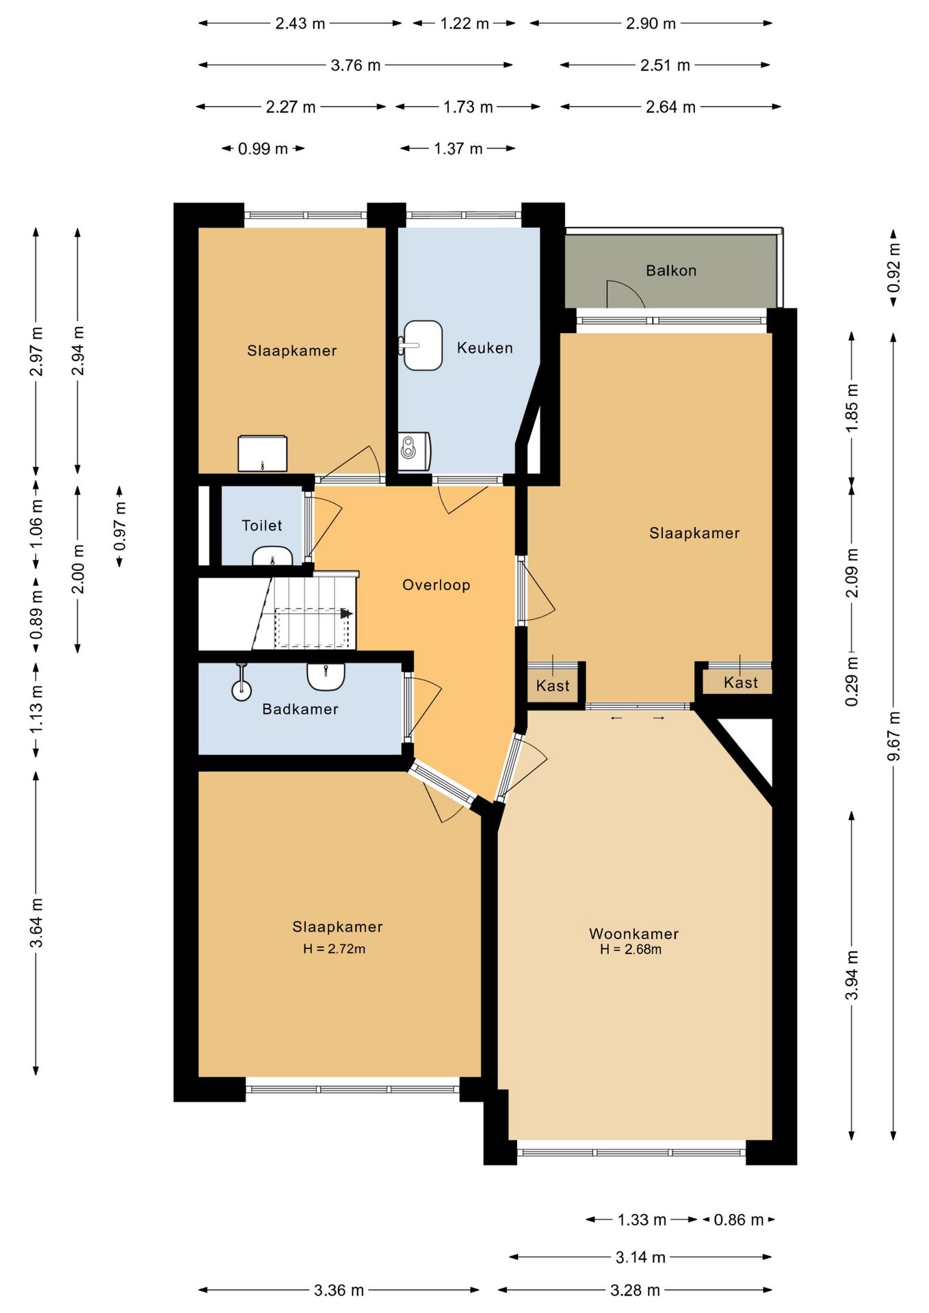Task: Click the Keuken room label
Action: click(x=484, y=348)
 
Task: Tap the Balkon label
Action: click(x=671, y=271)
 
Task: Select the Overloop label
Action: click(x=436, y=585)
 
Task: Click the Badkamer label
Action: click(x=300, y=709)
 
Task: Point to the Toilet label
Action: click(x=262, y=525)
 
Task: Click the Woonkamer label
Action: click(x=633, y=933)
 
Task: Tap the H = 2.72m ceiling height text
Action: click(x=334, y=949)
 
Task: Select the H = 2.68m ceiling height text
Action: click(x=631, y=949)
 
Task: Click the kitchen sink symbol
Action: click(x=421, y=345)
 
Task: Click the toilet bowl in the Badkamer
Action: click(x=241, y=684)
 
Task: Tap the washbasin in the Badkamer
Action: click(x=326, y=677)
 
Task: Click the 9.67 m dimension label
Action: click(x=893, y=736)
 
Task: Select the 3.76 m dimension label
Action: click(x=356, y=65)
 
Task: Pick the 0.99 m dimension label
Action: click(x=263, y=148)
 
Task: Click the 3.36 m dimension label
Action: click(x=339, y=1290)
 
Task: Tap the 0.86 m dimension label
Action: click(x=738, y=1220)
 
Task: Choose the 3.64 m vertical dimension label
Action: click(x=36, y=923)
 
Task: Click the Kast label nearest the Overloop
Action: click(x=553, y=685)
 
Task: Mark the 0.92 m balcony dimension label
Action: click(x=893, y=268)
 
